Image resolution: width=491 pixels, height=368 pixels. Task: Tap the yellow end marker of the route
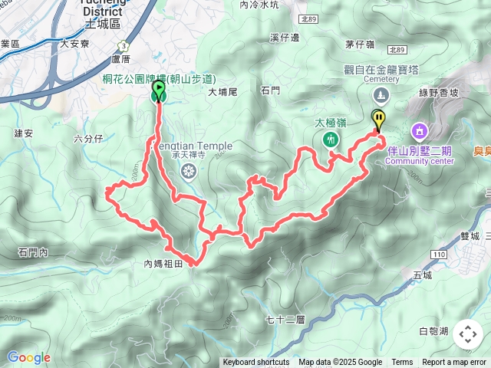tap(378, 119)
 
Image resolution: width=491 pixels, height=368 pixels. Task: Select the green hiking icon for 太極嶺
tap(331, 140)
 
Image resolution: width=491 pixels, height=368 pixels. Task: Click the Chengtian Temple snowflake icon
tap(186, 173)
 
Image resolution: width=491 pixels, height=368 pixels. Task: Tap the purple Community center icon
tap(419, 131)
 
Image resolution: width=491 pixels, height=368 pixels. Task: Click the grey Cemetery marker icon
tap(381, 96)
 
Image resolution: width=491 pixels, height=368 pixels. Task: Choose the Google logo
tap(28, 357)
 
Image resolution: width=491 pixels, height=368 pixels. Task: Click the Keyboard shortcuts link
tap(256, 363)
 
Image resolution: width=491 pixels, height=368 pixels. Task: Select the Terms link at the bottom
tap(402, 363)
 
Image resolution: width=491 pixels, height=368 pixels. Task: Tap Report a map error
tap(455, 363)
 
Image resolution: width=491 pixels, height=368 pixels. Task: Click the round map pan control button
tap(468, 334)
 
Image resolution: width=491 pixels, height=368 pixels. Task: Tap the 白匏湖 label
tap(435, 331)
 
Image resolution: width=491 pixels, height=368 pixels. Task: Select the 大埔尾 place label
tap(224, 91)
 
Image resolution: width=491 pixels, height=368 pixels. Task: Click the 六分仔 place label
tap(87, 139)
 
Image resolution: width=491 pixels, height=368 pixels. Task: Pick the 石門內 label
tap(33, 252)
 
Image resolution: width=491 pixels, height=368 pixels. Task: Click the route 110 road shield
tap(438, 254)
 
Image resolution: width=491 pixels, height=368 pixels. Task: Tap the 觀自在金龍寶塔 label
tap(381, 70)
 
